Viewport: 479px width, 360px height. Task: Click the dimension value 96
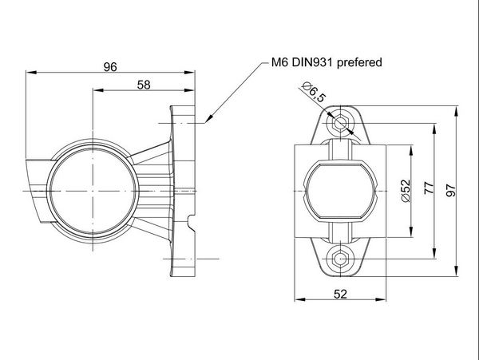click(x=110, y=67)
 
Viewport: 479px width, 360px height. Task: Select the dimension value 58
click(x=144, y=84)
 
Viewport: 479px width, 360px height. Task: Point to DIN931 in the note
click(x=312, y=61)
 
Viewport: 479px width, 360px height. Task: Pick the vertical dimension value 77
click(x=429, y=188)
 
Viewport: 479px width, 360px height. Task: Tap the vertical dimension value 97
click(x=451, y=188)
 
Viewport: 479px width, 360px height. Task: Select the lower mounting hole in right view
click(x=341, y=257)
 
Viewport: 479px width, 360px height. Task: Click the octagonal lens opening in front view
click(x=341, y=190)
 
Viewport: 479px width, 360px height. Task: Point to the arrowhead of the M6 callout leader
click(x=207, y=122)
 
